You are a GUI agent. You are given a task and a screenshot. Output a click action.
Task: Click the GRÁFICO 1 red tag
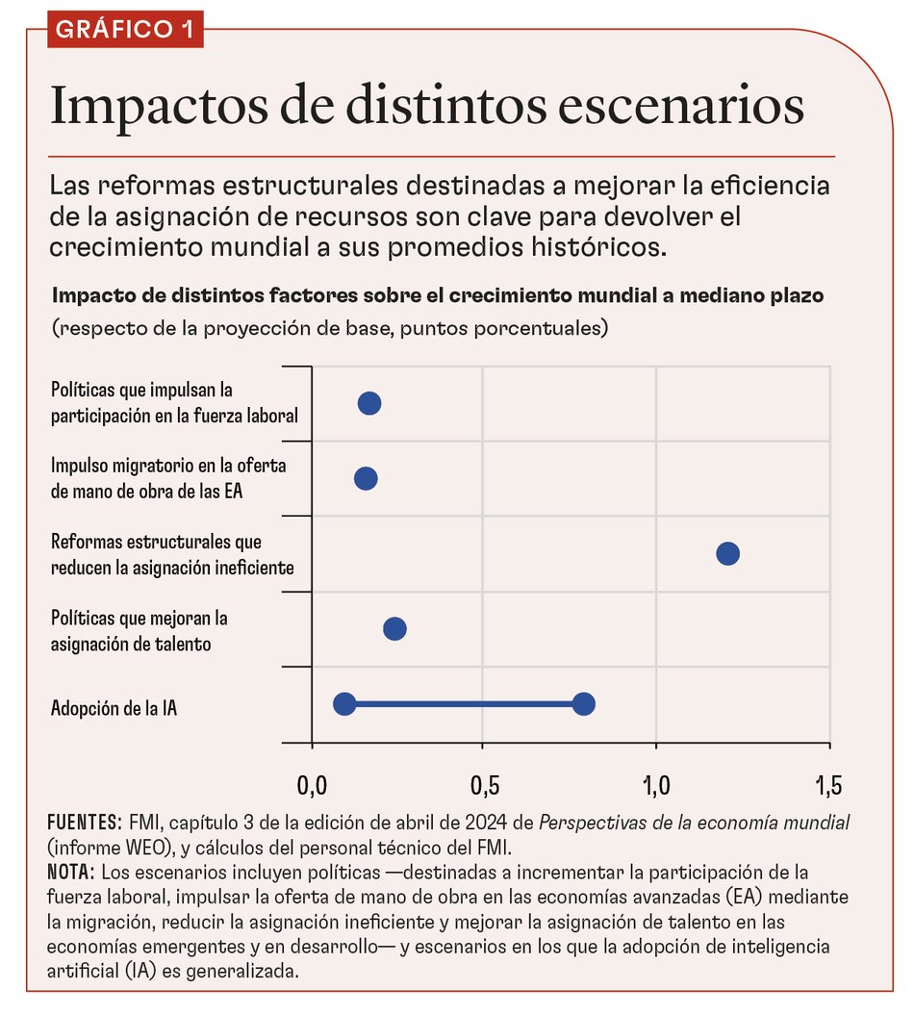tap(124, 29)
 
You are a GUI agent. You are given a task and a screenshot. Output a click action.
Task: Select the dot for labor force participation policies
tap(369, 403)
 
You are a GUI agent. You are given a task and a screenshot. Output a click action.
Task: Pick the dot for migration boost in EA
tap(366, 478)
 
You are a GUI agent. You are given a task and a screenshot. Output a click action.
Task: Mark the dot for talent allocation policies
tap(394, 629)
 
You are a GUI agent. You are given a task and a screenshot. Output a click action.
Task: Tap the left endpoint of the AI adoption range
tap(344, 704)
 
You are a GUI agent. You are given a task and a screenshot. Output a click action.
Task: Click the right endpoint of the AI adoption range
tap(583, 704)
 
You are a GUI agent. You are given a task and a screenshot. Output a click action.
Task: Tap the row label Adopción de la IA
tap(114, 710)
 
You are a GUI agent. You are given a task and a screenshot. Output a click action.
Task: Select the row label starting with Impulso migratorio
tap(169, 478)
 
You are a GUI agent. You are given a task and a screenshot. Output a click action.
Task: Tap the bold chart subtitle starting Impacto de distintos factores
tap(438, 295)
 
